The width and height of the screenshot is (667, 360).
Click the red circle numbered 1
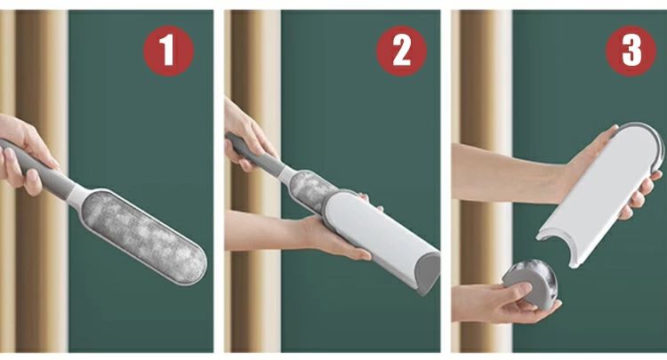coord(168,51)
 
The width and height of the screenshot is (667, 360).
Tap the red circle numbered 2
coord(401,51)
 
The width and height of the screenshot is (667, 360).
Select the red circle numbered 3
coord(631,51)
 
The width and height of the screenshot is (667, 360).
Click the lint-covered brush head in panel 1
coord(144,236)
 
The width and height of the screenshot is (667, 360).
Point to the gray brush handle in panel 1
coord(36,168)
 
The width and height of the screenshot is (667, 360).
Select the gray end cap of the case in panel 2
coord(428,273)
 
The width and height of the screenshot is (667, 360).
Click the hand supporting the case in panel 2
coord(336,236)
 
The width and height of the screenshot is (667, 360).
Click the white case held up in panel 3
coord(600,194)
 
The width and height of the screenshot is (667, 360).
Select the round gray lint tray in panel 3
coord(530,284)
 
